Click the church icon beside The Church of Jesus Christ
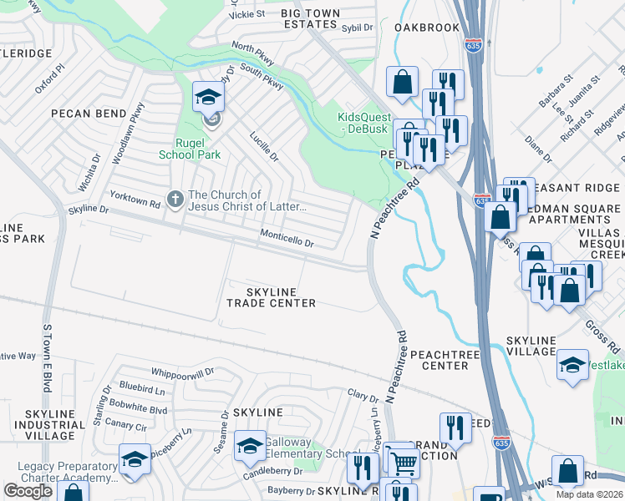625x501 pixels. point(175,199)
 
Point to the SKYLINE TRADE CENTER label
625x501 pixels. point(271,296)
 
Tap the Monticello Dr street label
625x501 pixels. point(286,239)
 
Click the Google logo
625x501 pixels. point(28,490)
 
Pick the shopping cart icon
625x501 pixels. point(403,462)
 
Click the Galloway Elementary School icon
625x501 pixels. point(250,447)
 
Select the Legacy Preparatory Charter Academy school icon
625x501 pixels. point(135,460)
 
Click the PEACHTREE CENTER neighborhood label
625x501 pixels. point(445,359)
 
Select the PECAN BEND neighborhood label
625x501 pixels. point(87,114)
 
